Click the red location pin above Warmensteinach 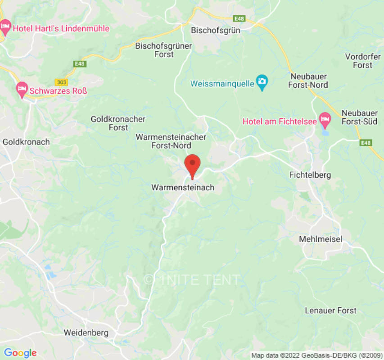pyautogui.click(x=193, y=165)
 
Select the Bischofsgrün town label pyautogui.click(x=216, y=31)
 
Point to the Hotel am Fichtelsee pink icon pyautogui.click(x=325, y=121)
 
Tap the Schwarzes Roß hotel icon pyautogui.click(x=22, y=90)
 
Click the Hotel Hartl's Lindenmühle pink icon pyautogui.click(x=5, y=28)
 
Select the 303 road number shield pyautogui.click(x=62, y=82)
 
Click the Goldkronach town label pyautogui.click(x=26, y=142)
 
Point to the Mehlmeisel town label pyautogui.click(x=321, y=239)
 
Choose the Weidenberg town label pyautogui.click(x=86, y=333)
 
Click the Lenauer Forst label pyautogui.click(x=330, y=310)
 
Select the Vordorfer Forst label pyautogui.click(x=362, y=61)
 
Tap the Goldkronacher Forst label pyautogui.click(x=118, y=123)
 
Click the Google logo pyautogui.click(x=20, y=353)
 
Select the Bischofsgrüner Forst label pyautogui.click(x=164, y=50)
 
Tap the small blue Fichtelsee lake pyautogui.click(x=325, y=133)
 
